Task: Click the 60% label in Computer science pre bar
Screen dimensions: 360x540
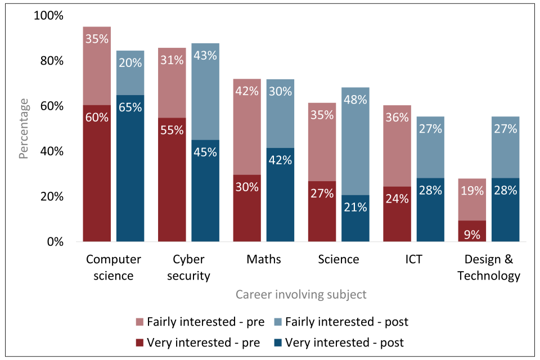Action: [x=97, y=118]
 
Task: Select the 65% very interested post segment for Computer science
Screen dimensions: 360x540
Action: [x=130, y=169]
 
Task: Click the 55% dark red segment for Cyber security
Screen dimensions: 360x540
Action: [x=172, y=180]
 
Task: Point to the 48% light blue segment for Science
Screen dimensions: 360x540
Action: [x=355, y=141]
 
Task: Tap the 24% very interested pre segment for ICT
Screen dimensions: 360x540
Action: [x=397, y=214]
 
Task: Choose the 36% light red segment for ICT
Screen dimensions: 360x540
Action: [x=397, y=146]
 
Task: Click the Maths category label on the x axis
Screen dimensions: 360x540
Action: [x=263, y=259]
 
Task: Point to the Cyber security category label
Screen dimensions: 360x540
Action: [x=188, y=268]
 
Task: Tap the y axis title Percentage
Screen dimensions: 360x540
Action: [x=24, y=128]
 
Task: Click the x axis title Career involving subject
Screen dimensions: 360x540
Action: [x=301, y=294]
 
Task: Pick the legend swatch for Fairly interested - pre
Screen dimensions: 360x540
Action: [x=140, y=322]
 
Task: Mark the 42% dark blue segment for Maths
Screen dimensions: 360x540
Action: [x=280, y=195]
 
